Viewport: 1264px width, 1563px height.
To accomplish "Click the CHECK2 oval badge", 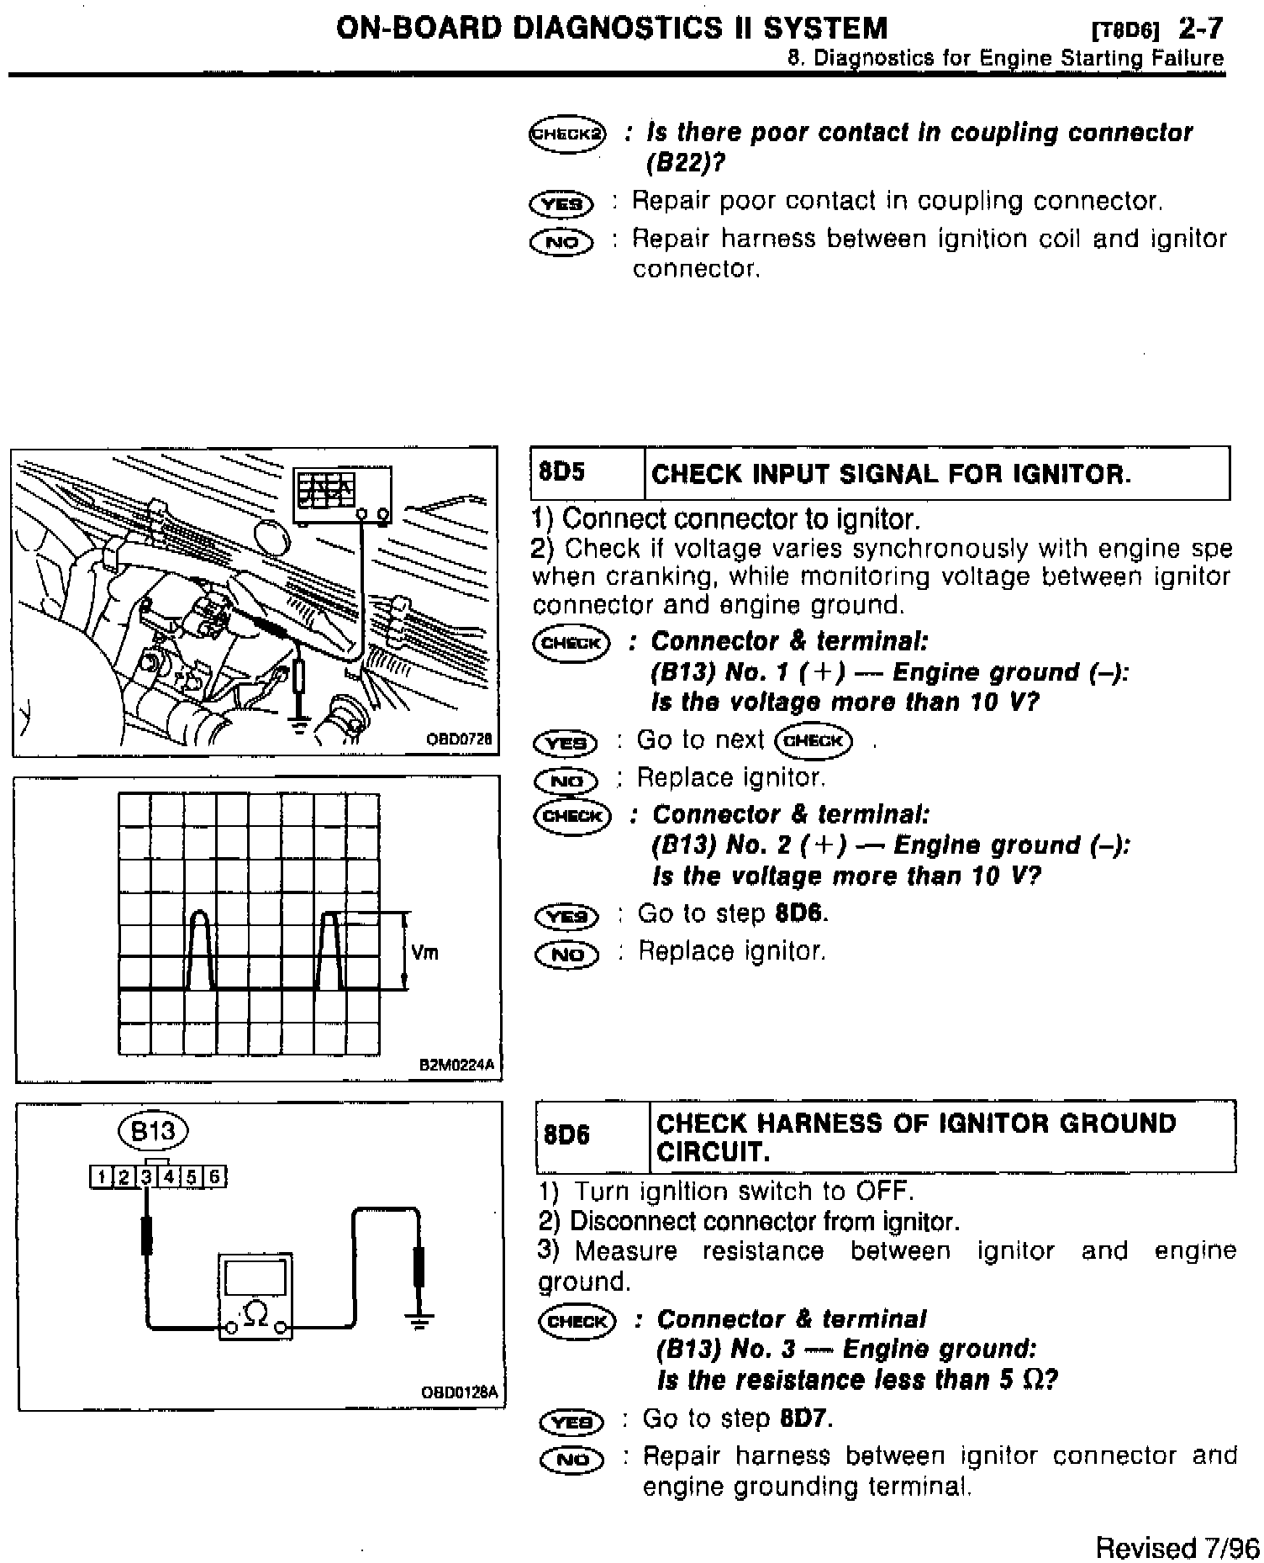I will pos(567,134).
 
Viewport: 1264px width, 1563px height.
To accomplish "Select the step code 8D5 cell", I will pos(561,472).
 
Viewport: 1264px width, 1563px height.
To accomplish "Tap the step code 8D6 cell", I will pos(566,1135).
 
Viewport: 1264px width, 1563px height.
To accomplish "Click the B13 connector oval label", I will pos(154,1130).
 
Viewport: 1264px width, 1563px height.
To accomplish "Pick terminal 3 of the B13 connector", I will pos(146,1176).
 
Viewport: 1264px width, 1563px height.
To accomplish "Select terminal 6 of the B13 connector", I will pos(215,1176).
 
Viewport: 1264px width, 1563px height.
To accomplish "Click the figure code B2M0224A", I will pos(458,1066).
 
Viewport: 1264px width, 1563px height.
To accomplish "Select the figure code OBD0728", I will pos(459,739).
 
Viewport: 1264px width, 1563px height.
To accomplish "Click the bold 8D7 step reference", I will pos(806,1419).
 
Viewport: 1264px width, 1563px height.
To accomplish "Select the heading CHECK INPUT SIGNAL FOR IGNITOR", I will pos(891,474).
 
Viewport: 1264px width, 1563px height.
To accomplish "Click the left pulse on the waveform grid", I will pos(199,950).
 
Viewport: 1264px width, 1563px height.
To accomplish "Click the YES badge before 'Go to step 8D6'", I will pos(566,915).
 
